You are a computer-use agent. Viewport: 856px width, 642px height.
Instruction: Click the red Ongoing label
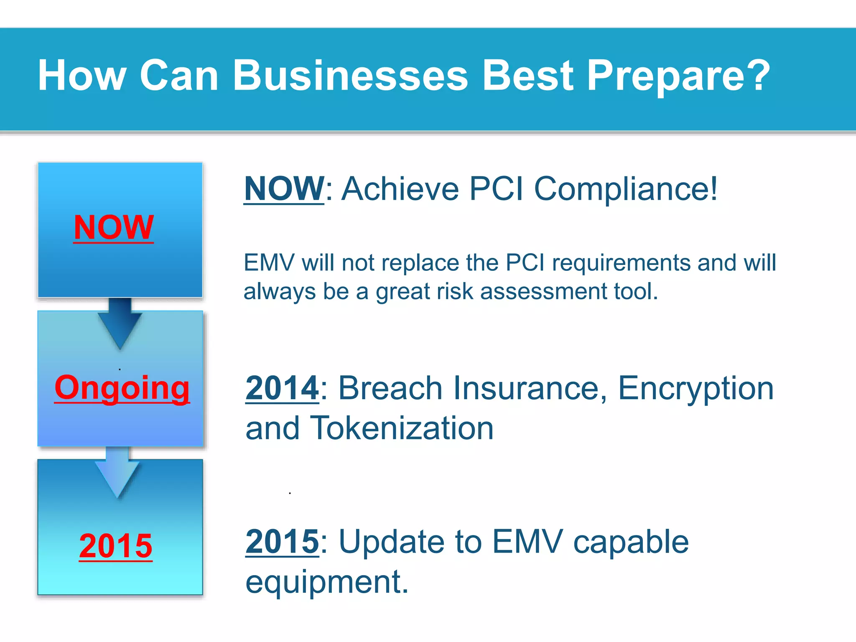coord(122,387)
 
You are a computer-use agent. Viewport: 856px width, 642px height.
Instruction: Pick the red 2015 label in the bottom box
coord(116,546)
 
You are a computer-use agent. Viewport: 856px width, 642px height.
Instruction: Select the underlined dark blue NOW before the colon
coord(284,189)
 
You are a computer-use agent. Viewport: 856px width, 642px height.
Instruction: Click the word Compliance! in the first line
coord(626,189)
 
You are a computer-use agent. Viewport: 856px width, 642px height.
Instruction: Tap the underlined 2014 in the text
coord(282,388)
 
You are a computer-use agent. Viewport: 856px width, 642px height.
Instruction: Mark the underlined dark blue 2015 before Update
coord(282,542)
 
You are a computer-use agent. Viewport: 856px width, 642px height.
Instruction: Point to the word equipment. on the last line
coord(327,583)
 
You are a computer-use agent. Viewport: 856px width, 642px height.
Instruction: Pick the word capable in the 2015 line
coord(631,542)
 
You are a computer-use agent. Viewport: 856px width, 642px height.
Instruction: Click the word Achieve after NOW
coord(400,189)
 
